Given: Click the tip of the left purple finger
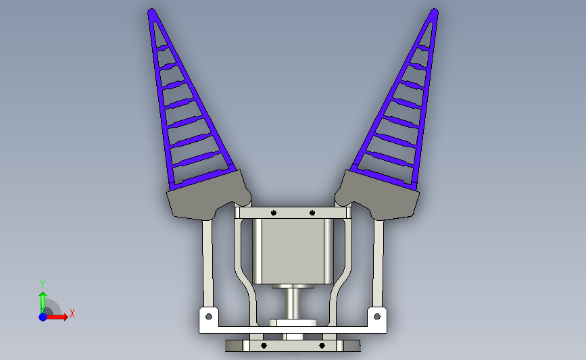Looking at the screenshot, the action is pyautogui.click(x=151, y=11).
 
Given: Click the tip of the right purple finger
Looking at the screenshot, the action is pyautogui.click(x=435, y=11).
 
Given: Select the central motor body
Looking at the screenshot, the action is pyautogui.click(x=293, y=251).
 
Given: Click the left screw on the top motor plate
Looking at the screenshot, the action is pyautogui.click(x=274, y=213).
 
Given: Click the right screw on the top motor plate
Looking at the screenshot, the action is pyautogui.click(x=312, y=213).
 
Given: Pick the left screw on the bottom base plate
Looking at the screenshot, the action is pyautogui.click(x=264, y=346).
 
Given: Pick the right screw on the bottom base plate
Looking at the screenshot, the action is pyautogui.click(x=322, y=346).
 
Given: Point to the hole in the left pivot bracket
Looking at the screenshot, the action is pyautogui.click(x=209, y=317).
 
